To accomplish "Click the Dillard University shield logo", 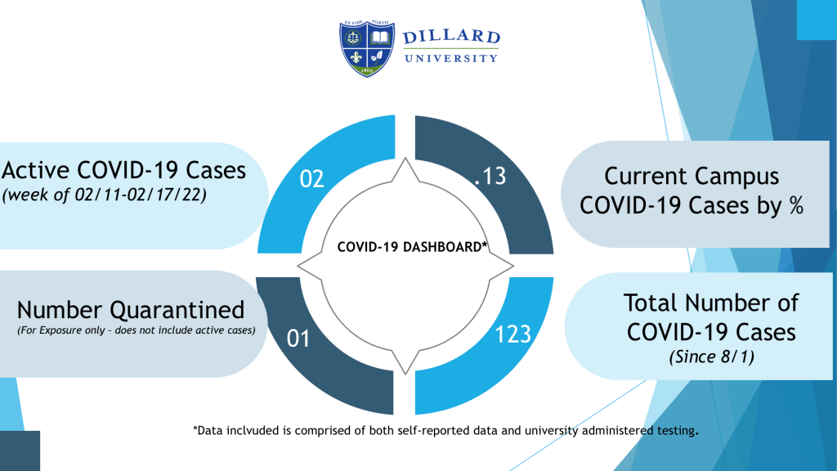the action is point(367,48).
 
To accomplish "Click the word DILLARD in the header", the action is point(451,37).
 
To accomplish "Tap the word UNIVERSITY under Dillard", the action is point(451,58).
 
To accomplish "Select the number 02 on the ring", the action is point(311,179).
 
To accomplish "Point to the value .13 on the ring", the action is point(490,177).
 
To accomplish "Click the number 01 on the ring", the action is point(298,339).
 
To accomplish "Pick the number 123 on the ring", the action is point(513,334).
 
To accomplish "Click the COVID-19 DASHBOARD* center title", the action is point(412,247).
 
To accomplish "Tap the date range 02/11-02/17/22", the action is point(141,195).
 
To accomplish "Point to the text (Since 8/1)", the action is point(712,357).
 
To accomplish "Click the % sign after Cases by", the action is point(796,205).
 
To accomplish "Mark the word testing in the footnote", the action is point(676,430).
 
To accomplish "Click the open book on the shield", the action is point(380,38).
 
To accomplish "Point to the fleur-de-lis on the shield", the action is point(355,56).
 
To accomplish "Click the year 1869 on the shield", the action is point(367,70).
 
